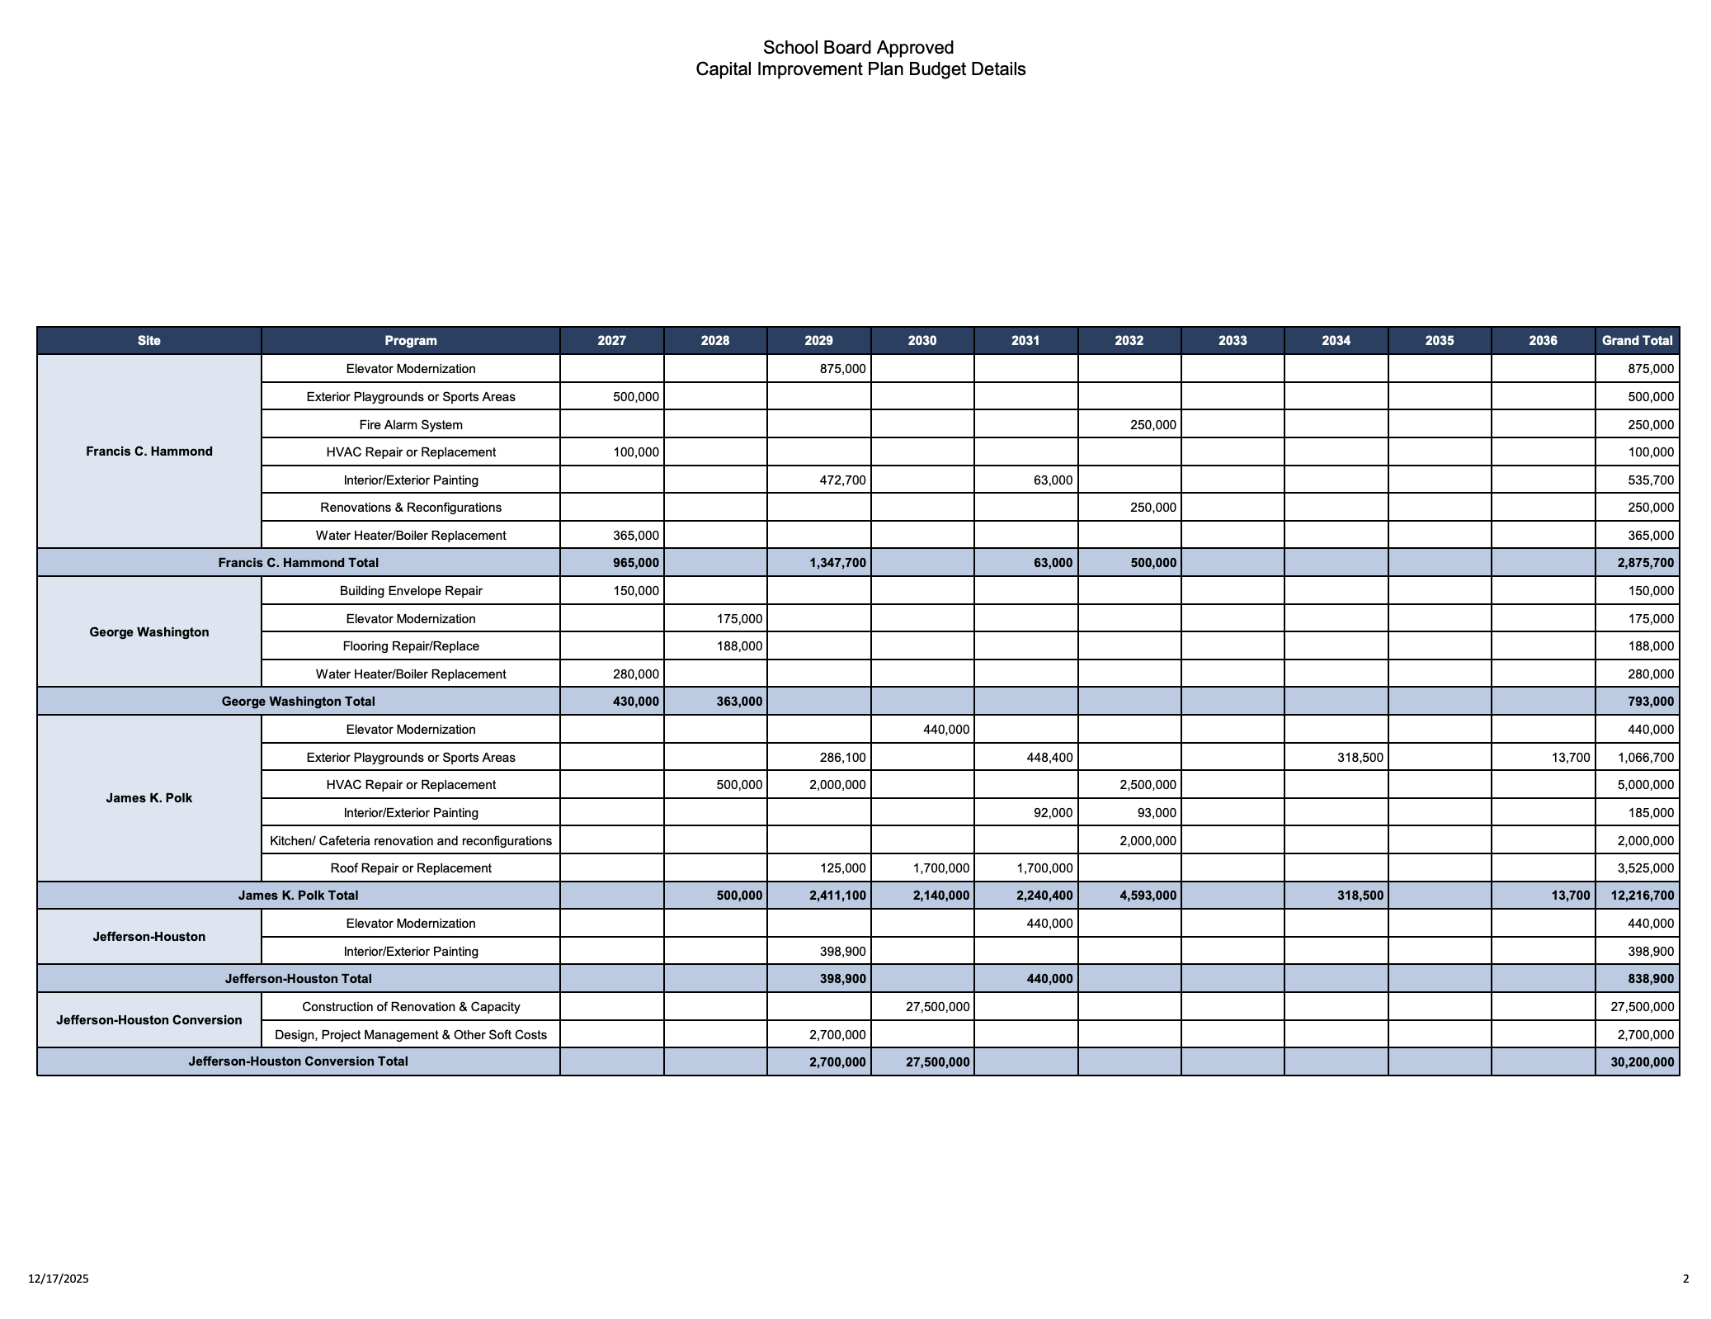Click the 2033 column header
pos(1233,340)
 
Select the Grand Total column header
pos(1637,340)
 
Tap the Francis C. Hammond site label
pos(149,451)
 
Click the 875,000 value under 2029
pos(842,369)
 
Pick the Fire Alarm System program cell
pos(411,425)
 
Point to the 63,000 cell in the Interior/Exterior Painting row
pos(1053,480)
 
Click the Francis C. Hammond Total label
pos(298,563)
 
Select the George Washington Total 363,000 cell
pos(738,702)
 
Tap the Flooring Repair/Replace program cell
pos(411,646)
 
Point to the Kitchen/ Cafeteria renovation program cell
pos(411,841)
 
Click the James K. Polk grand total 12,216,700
pos(1642,896)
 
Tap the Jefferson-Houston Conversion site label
pos(149,1020)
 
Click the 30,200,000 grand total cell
pos(1642,1062)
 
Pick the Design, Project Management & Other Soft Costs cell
pos(411,1035)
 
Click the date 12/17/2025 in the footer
pos(59,1279)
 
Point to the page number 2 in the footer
pos(1685,1279)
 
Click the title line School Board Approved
pos(858,48)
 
